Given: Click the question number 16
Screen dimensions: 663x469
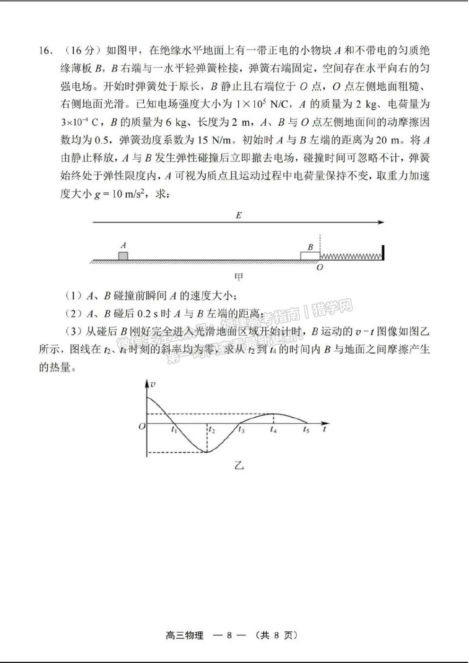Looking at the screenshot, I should (x=45, y=50).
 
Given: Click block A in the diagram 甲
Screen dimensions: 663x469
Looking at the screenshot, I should (x=123, y=256).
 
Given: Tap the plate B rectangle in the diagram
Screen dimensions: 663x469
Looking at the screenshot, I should (x=310, y=256).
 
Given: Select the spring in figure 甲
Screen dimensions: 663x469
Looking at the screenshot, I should (x=351, y=256).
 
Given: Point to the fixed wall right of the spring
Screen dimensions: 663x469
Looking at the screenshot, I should (x=383, y=252).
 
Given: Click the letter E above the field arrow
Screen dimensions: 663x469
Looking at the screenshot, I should (x=238, y=215).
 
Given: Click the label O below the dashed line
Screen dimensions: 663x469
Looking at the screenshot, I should (x=320, y=267).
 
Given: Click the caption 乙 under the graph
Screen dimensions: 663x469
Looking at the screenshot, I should (x=238, y=465).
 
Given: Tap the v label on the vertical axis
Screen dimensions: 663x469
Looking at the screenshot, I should (x=152, y=384).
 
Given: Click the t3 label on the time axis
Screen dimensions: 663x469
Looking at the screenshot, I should (x=241, y=430).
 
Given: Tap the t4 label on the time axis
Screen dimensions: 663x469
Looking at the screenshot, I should (x=273, y=430).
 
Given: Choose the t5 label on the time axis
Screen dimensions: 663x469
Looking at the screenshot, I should (x=306, y=430).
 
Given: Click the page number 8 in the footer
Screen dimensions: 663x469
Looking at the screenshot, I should (x=229, y=636).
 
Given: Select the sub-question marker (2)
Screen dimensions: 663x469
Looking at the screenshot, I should (x=72, y=313).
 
